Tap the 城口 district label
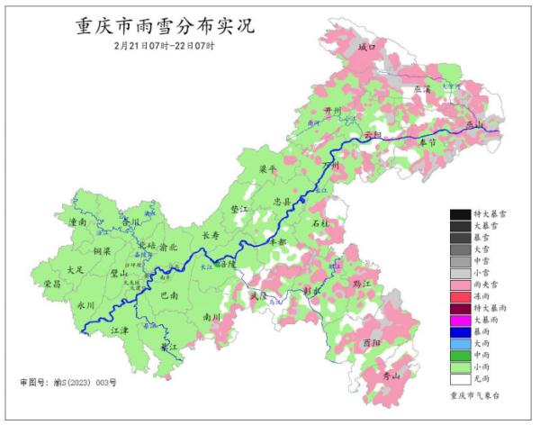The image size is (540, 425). pos(365,46)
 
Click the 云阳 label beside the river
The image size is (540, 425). pos(373,136)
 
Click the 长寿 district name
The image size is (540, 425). pos(211,236)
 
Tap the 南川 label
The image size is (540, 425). pos(211,317)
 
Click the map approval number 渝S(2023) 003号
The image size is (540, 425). pos(67,383)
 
